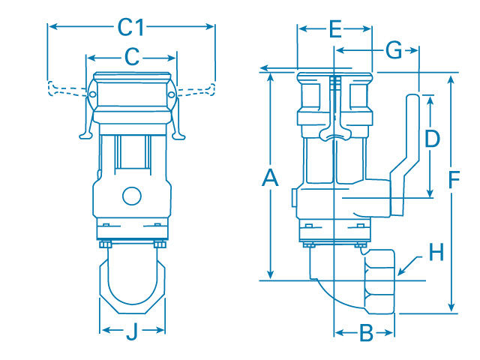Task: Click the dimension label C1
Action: [130, 27]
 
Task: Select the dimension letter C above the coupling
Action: [131, 56]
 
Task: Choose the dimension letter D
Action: [431, 139]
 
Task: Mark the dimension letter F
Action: [453, 180]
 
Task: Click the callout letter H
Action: [436, 253]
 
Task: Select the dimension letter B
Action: [365, 333]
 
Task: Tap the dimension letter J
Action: [132, 330]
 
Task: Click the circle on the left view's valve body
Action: [131, 196]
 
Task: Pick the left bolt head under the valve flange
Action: [104, 244]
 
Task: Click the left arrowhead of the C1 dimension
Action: [51, 27]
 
